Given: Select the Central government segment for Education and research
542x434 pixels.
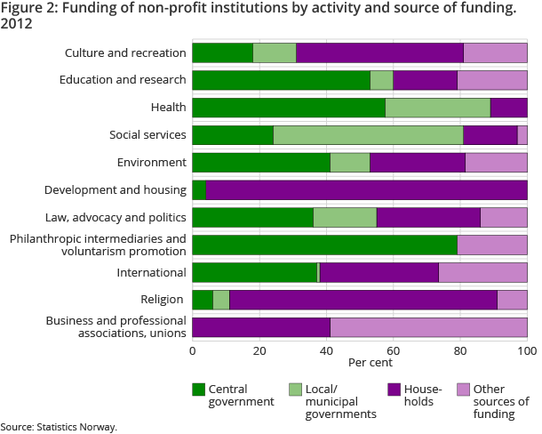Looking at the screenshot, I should tap(281, 80).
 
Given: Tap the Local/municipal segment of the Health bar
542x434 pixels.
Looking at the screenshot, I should tap(438, 108).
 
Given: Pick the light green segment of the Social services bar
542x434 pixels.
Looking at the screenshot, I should tap(368, 135).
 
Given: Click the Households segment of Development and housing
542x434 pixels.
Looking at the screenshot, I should tap(366, 190).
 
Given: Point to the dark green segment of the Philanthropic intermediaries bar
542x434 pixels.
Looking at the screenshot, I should tap(324, 245).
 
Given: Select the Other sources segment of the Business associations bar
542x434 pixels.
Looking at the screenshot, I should tap(428, 327).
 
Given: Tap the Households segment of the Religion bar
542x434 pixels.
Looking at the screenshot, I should tap(363, 300).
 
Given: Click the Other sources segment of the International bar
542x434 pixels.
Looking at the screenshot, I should tap(482, 273).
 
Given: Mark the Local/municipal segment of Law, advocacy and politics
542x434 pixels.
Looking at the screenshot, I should tap(345, 218).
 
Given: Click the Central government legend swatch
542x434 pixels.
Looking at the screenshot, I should tap(199, 390).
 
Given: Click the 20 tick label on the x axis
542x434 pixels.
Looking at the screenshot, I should tap(259, 350).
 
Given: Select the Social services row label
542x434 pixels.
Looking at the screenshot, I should tap(147, 135).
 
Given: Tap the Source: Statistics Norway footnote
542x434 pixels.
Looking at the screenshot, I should tap(59, 427).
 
